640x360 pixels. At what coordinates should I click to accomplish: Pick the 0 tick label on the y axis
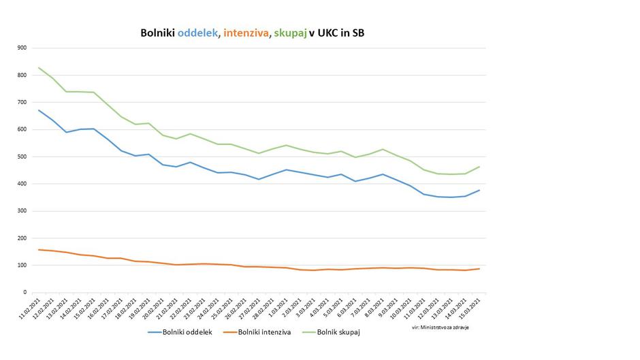click(25, 293)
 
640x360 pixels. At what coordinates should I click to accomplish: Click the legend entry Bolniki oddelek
click(180, 332)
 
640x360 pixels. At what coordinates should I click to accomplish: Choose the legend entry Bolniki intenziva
click(261, 332)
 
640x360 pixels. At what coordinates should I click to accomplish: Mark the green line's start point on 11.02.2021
click(39, 67)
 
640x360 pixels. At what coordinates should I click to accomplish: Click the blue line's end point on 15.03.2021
click(479, 190)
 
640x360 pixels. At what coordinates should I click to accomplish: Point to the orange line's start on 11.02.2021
click(39, 250)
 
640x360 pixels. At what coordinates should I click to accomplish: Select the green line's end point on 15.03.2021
click(479, 167)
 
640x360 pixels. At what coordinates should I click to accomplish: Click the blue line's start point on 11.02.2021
click(39, 110)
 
